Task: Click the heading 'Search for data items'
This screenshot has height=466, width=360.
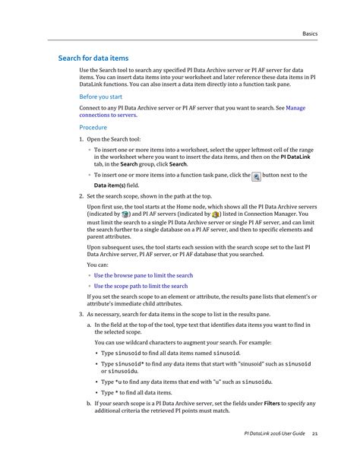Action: coord(93,59)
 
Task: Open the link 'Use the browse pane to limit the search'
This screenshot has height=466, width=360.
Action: coord(144,275)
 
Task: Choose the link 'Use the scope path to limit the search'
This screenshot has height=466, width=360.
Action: coord(141,286)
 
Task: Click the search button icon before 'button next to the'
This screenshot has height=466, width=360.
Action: coord(255,176)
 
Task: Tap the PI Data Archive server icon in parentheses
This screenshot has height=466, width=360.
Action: coord(125,215)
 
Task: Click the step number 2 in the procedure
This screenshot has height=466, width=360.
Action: coord(82,196)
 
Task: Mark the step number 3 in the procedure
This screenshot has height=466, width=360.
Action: coord(82,314)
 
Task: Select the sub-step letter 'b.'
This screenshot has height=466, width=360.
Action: coord(89,402)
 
